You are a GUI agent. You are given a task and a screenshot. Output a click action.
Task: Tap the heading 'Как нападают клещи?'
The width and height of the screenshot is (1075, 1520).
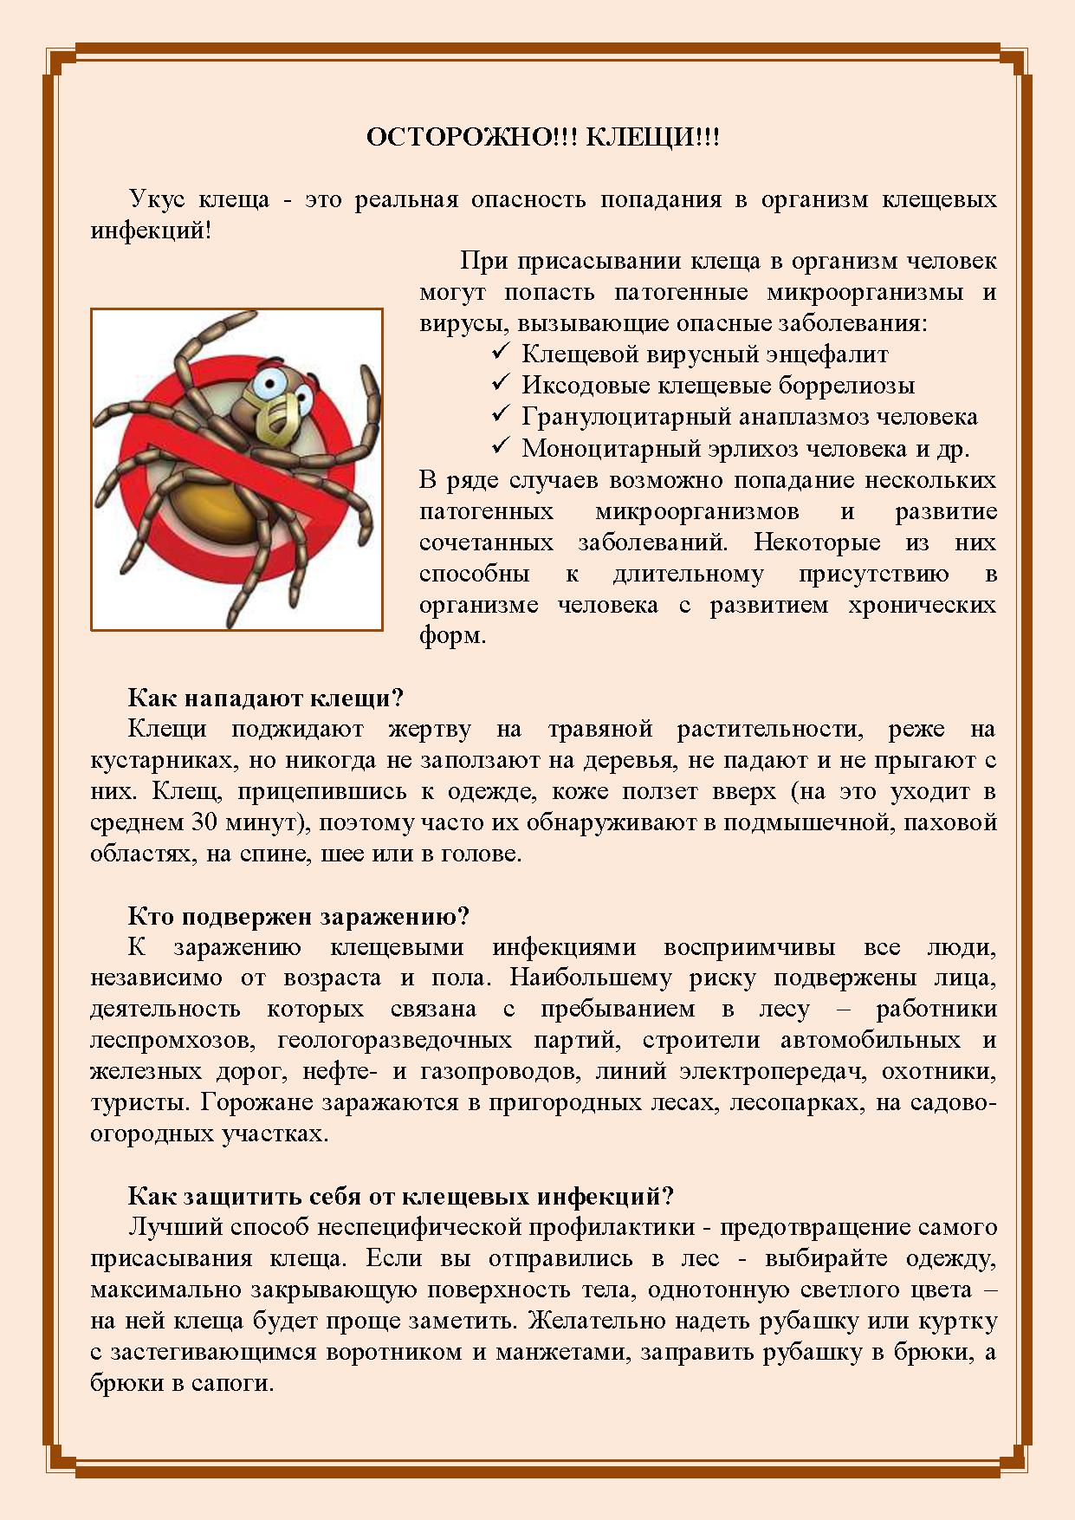(x=266, y=698)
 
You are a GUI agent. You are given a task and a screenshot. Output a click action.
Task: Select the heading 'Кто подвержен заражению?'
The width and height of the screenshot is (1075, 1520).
(x=298, y=916)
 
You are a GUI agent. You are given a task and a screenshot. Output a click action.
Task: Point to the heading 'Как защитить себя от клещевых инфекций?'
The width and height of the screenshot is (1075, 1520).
(x=400, y=1196)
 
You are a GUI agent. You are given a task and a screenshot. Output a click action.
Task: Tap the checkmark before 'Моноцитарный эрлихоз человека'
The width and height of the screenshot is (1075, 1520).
(x=500, y=446)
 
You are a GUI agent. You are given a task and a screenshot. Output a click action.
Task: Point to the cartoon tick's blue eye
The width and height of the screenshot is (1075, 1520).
(x=269, y=385)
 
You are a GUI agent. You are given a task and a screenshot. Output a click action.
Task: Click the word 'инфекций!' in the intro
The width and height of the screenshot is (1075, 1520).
(x=151, y=231)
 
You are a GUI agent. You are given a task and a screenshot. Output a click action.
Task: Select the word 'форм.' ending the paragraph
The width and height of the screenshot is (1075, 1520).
(x=452, y=635)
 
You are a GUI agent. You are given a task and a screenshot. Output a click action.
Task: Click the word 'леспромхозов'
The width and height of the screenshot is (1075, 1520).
(x=172, y=1040)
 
